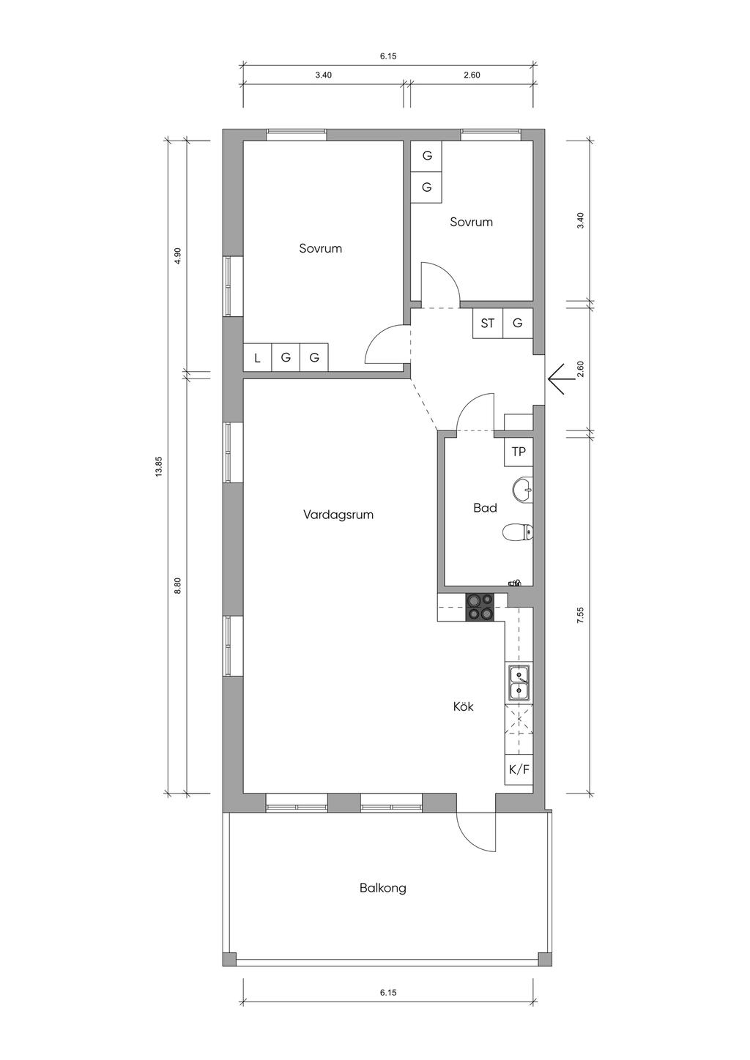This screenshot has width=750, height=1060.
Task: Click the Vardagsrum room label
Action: click(x=338, y=515)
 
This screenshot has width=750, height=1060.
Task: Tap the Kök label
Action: click(x=463, y=707)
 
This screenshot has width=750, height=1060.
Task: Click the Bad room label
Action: click(x=485, y=508)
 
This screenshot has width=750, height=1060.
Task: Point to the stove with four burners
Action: click(x=480, y=607)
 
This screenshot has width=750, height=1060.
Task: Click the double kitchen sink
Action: click(x=519, y=683)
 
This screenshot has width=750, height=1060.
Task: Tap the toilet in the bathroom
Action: click(x=517, y=532)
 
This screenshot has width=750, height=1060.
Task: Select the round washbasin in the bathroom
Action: click(x=522, y=489)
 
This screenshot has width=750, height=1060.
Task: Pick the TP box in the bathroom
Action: click(x=519, y=452)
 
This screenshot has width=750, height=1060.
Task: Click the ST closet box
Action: click(x=488, y=324)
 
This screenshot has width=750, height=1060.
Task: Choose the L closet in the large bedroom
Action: click(x=257, y=357)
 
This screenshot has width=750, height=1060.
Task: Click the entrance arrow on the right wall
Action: click(x=557, y=379)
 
